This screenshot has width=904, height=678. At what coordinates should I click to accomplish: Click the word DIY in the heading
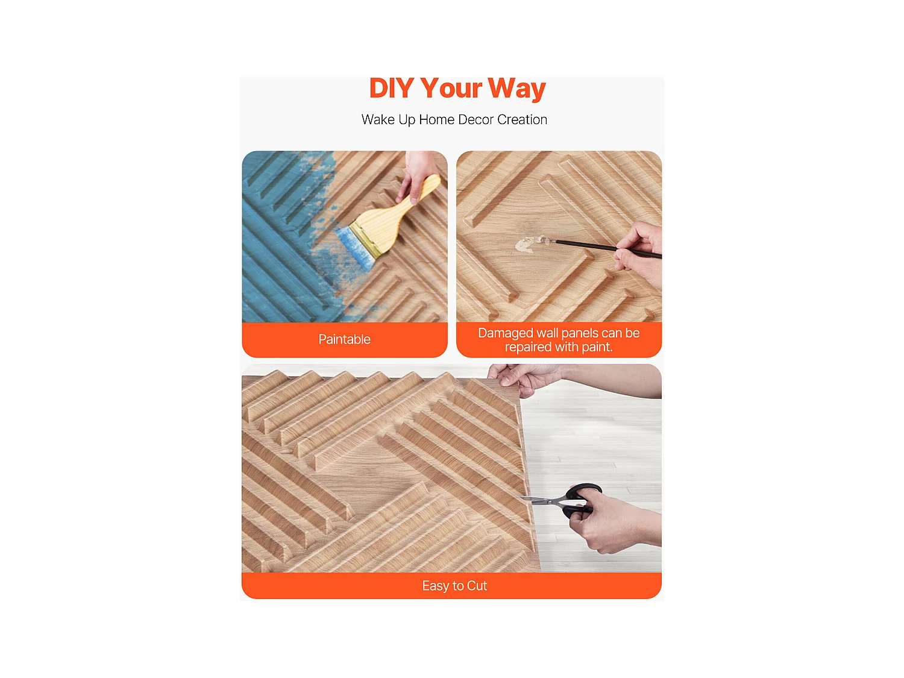(x=391, y=89)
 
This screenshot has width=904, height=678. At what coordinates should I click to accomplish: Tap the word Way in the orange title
(x=516, y=89)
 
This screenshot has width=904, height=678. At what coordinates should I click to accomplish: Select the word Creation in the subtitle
(x=522, y=120)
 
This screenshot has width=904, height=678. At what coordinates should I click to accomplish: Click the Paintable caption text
(x=344, y=340)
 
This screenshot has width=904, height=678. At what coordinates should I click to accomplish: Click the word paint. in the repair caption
(x=597, y=347)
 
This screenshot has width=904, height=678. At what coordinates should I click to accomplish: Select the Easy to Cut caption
(x=454, y=586)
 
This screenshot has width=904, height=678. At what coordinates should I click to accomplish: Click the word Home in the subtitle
(x=436, y=120)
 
